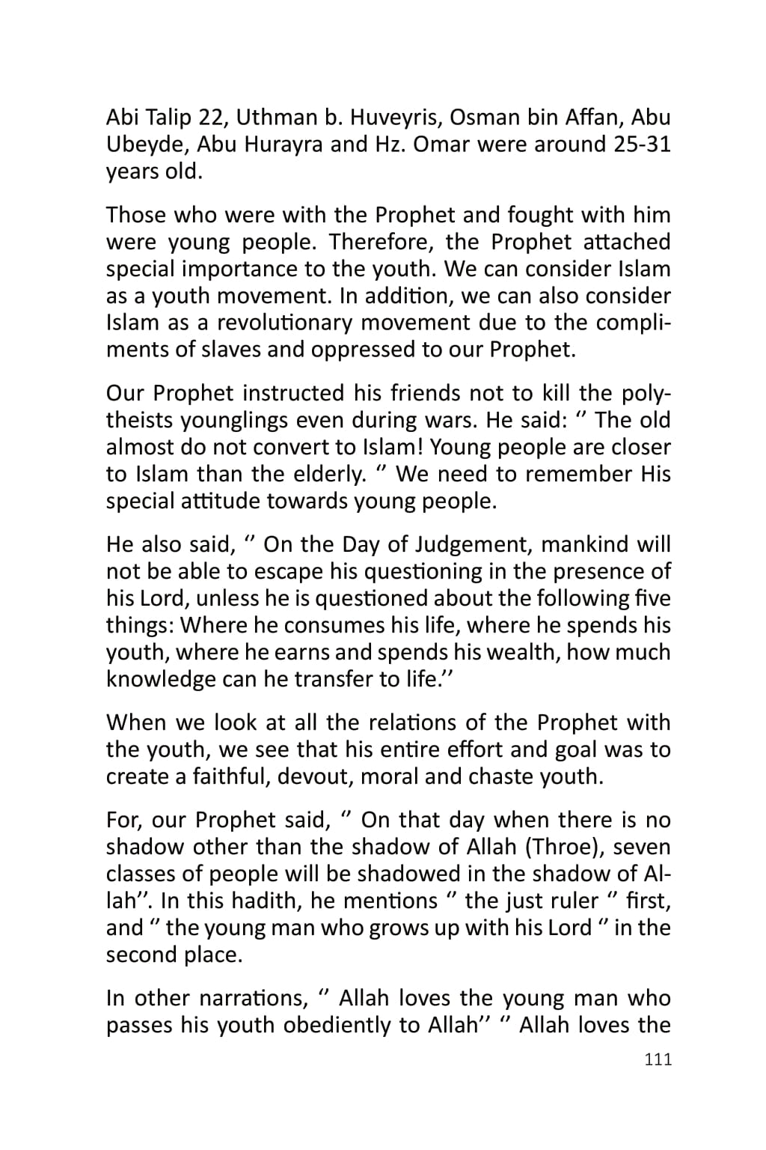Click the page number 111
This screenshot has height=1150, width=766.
pyautogui.click(x=658, y=1059)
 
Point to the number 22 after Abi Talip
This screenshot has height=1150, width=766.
pyautogui.click(x=212, y=118)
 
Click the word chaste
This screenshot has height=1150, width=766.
pyautogui.click(x=498, y=776)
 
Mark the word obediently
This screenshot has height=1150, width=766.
pyautogui.click(x=337, y=1026)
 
